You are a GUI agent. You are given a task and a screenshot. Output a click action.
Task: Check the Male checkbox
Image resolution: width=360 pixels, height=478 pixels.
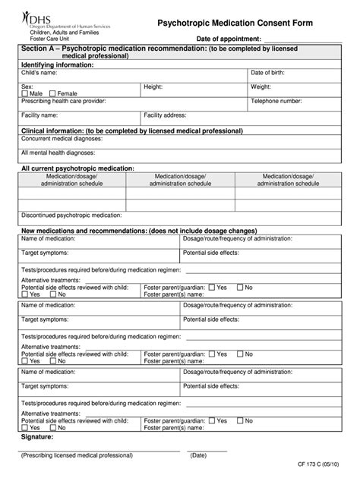25,93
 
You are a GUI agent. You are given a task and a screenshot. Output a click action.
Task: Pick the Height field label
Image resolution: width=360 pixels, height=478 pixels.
153,86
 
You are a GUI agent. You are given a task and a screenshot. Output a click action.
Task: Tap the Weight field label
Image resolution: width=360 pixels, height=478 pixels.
262,86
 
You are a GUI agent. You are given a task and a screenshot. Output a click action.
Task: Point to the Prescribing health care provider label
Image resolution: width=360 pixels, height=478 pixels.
64,100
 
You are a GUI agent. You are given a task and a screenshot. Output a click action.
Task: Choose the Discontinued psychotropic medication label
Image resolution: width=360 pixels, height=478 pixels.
71,215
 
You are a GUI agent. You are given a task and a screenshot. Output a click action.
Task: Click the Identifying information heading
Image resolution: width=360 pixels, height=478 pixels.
57,64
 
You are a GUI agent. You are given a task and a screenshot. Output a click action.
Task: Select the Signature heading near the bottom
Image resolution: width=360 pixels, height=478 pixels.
36,437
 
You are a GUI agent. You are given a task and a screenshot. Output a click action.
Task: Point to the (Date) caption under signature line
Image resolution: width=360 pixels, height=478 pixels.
198,455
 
